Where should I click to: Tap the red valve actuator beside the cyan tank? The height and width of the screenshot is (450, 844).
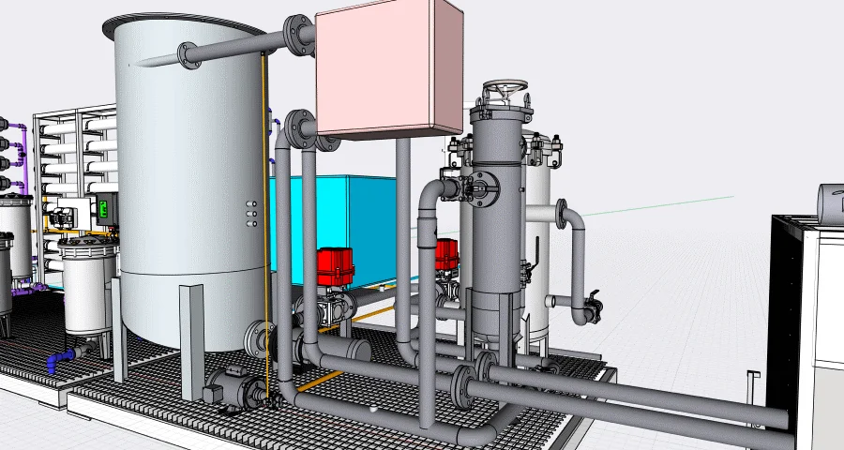pos(335,265)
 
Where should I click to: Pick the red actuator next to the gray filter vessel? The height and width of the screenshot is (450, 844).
pos(447,253)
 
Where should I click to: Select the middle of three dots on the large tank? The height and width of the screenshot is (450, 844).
pos(250,214)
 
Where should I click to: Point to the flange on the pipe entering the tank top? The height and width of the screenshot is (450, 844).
pos(299,36)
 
